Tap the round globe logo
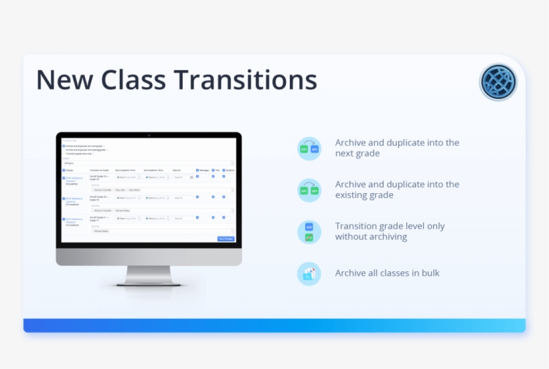(498, 83)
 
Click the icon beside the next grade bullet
(309, 148)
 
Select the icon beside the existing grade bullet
(309, 191)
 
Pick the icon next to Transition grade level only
(309, 232)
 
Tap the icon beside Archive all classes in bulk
(309, 273)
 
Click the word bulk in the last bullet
(428, 273)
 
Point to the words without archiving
(371, 237)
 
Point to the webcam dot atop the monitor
(149, 135)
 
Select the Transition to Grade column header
(99, 170)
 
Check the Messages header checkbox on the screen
(198, 170)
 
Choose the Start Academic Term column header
(127, 170)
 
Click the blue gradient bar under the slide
(274, 326)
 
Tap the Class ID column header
(176, 170)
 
